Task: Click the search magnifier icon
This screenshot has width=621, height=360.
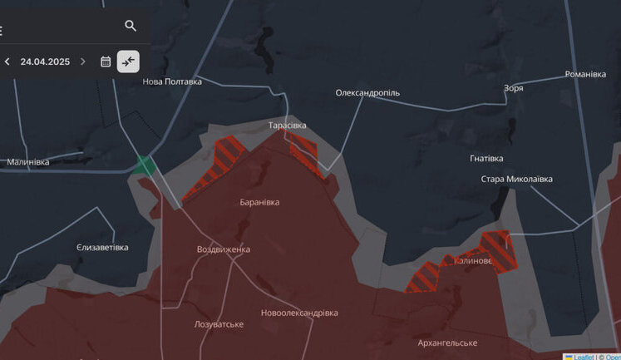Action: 131,26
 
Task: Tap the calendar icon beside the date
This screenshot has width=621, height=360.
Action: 106,62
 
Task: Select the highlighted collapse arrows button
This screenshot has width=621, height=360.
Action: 128,62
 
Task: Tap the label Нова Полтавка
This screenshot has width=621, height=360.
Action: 172,81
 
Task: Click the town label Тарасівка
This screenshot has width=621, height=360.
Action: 287,126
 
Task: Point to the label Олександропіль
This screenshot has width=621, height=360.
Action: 367,93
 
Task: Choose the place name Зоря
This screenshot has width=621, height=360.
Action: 513,87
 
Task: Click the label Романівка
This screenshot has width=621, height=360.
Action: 585,74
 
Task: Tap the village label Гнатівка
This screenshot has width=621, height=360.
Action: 486,158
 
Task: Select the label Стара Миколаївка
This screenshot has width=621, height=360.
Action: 516,179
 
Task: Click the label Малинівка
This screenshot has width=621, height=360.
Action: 28,162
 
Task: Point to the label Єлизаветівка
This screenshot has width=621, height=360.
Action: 102,248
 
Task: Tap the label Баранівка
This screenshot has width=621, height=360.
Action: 259,202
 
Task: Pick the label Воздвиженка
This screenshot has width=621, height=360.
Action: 223,249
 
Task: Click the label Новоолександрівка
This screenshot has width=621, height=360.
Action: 299,313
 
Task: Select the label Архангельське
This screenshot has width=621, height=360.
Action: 447,343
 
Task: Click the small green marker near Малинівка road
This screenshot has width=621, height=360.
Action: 145,165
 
